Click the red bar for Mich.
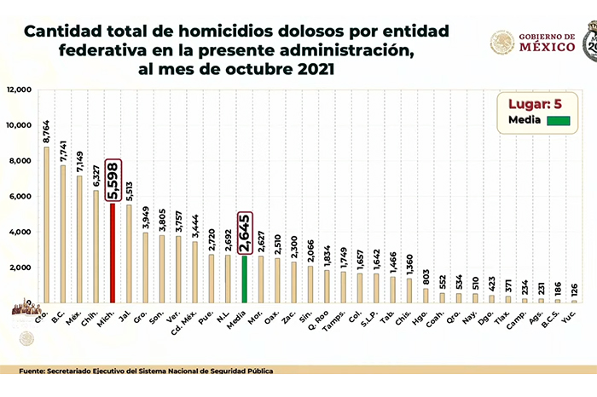113,253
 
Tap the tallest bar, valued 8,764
47,225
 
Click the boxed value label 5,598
113,181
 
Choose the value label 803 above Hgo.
426,273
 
